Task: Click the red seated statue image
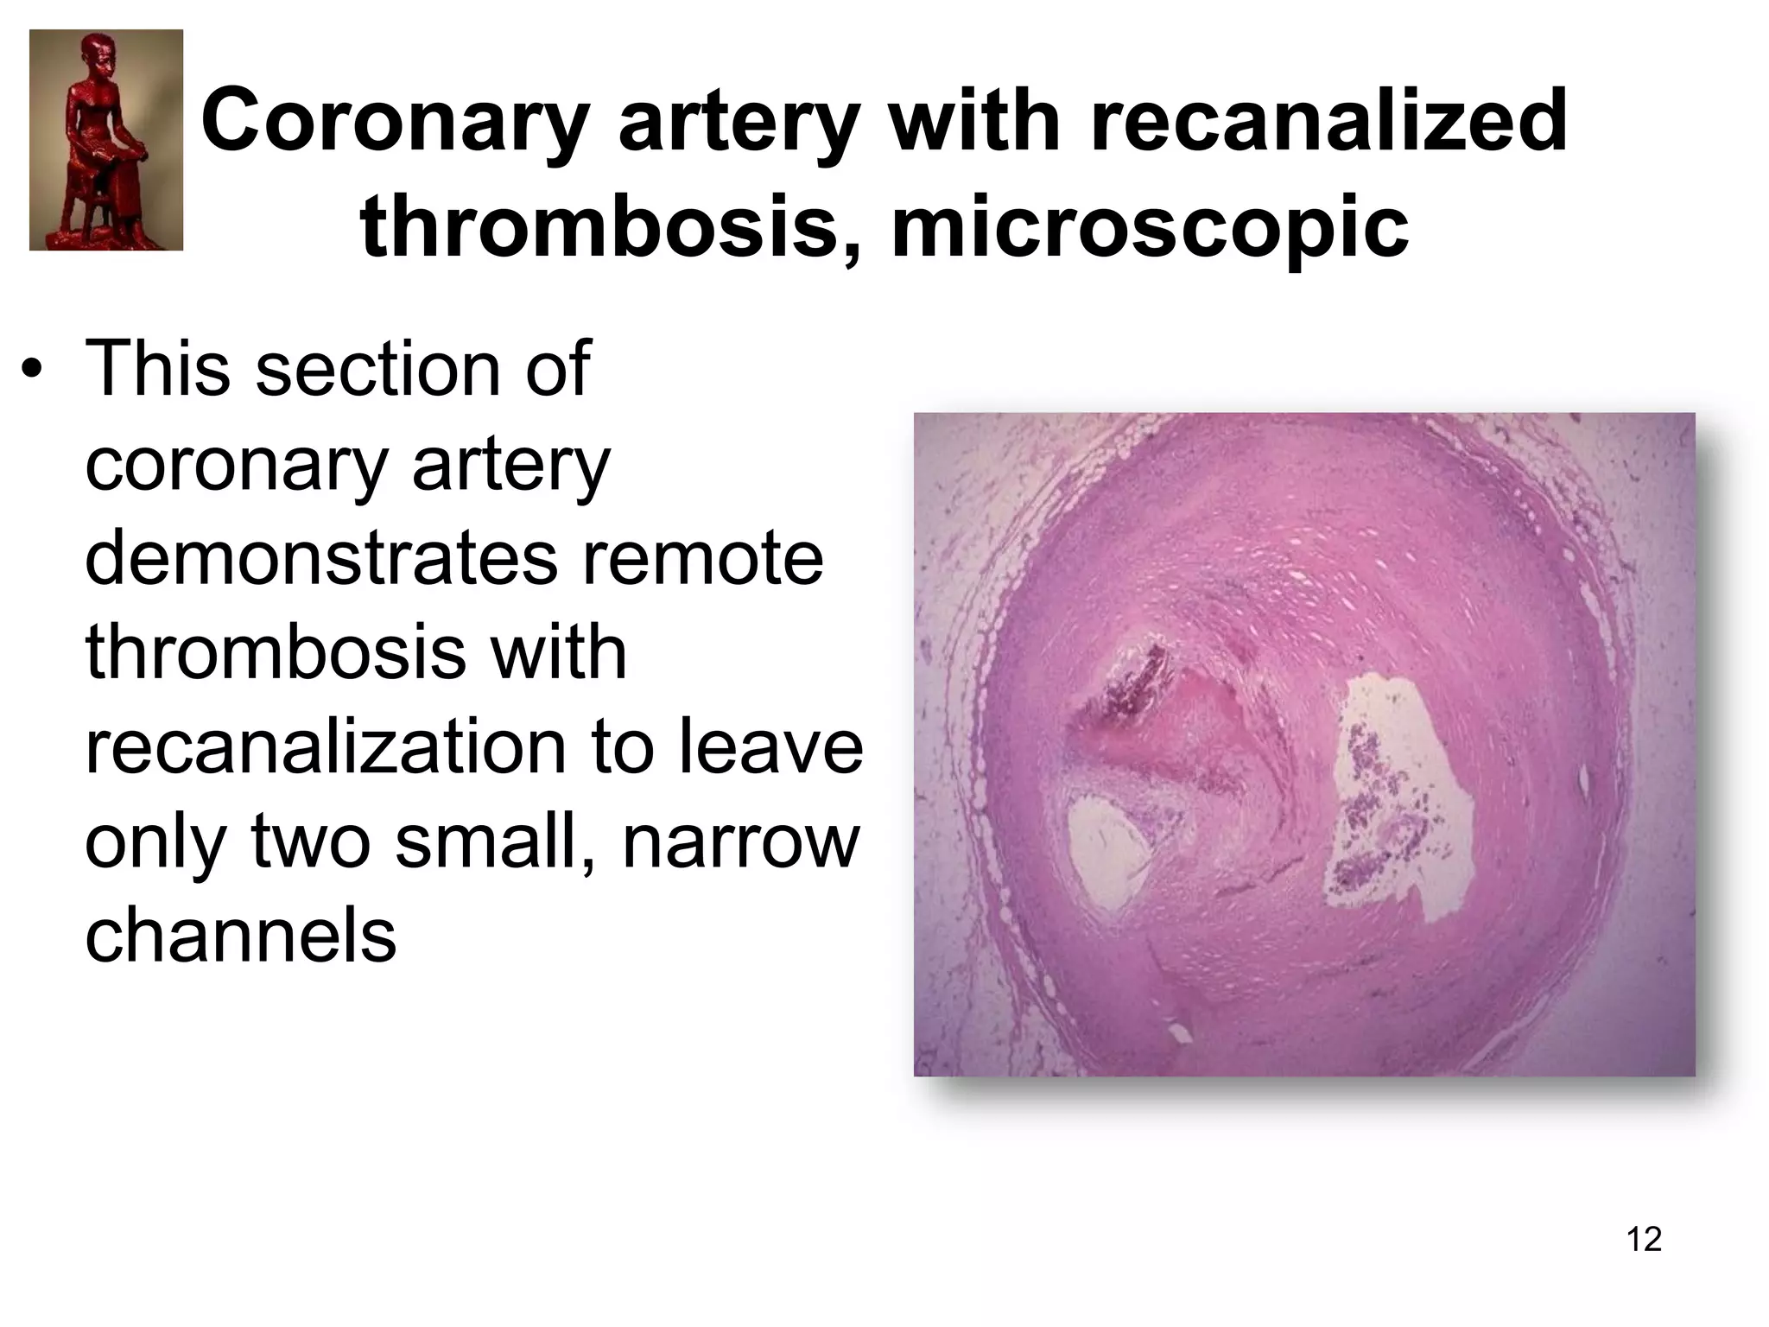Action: pyautogui.click(x=106, y=140)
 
